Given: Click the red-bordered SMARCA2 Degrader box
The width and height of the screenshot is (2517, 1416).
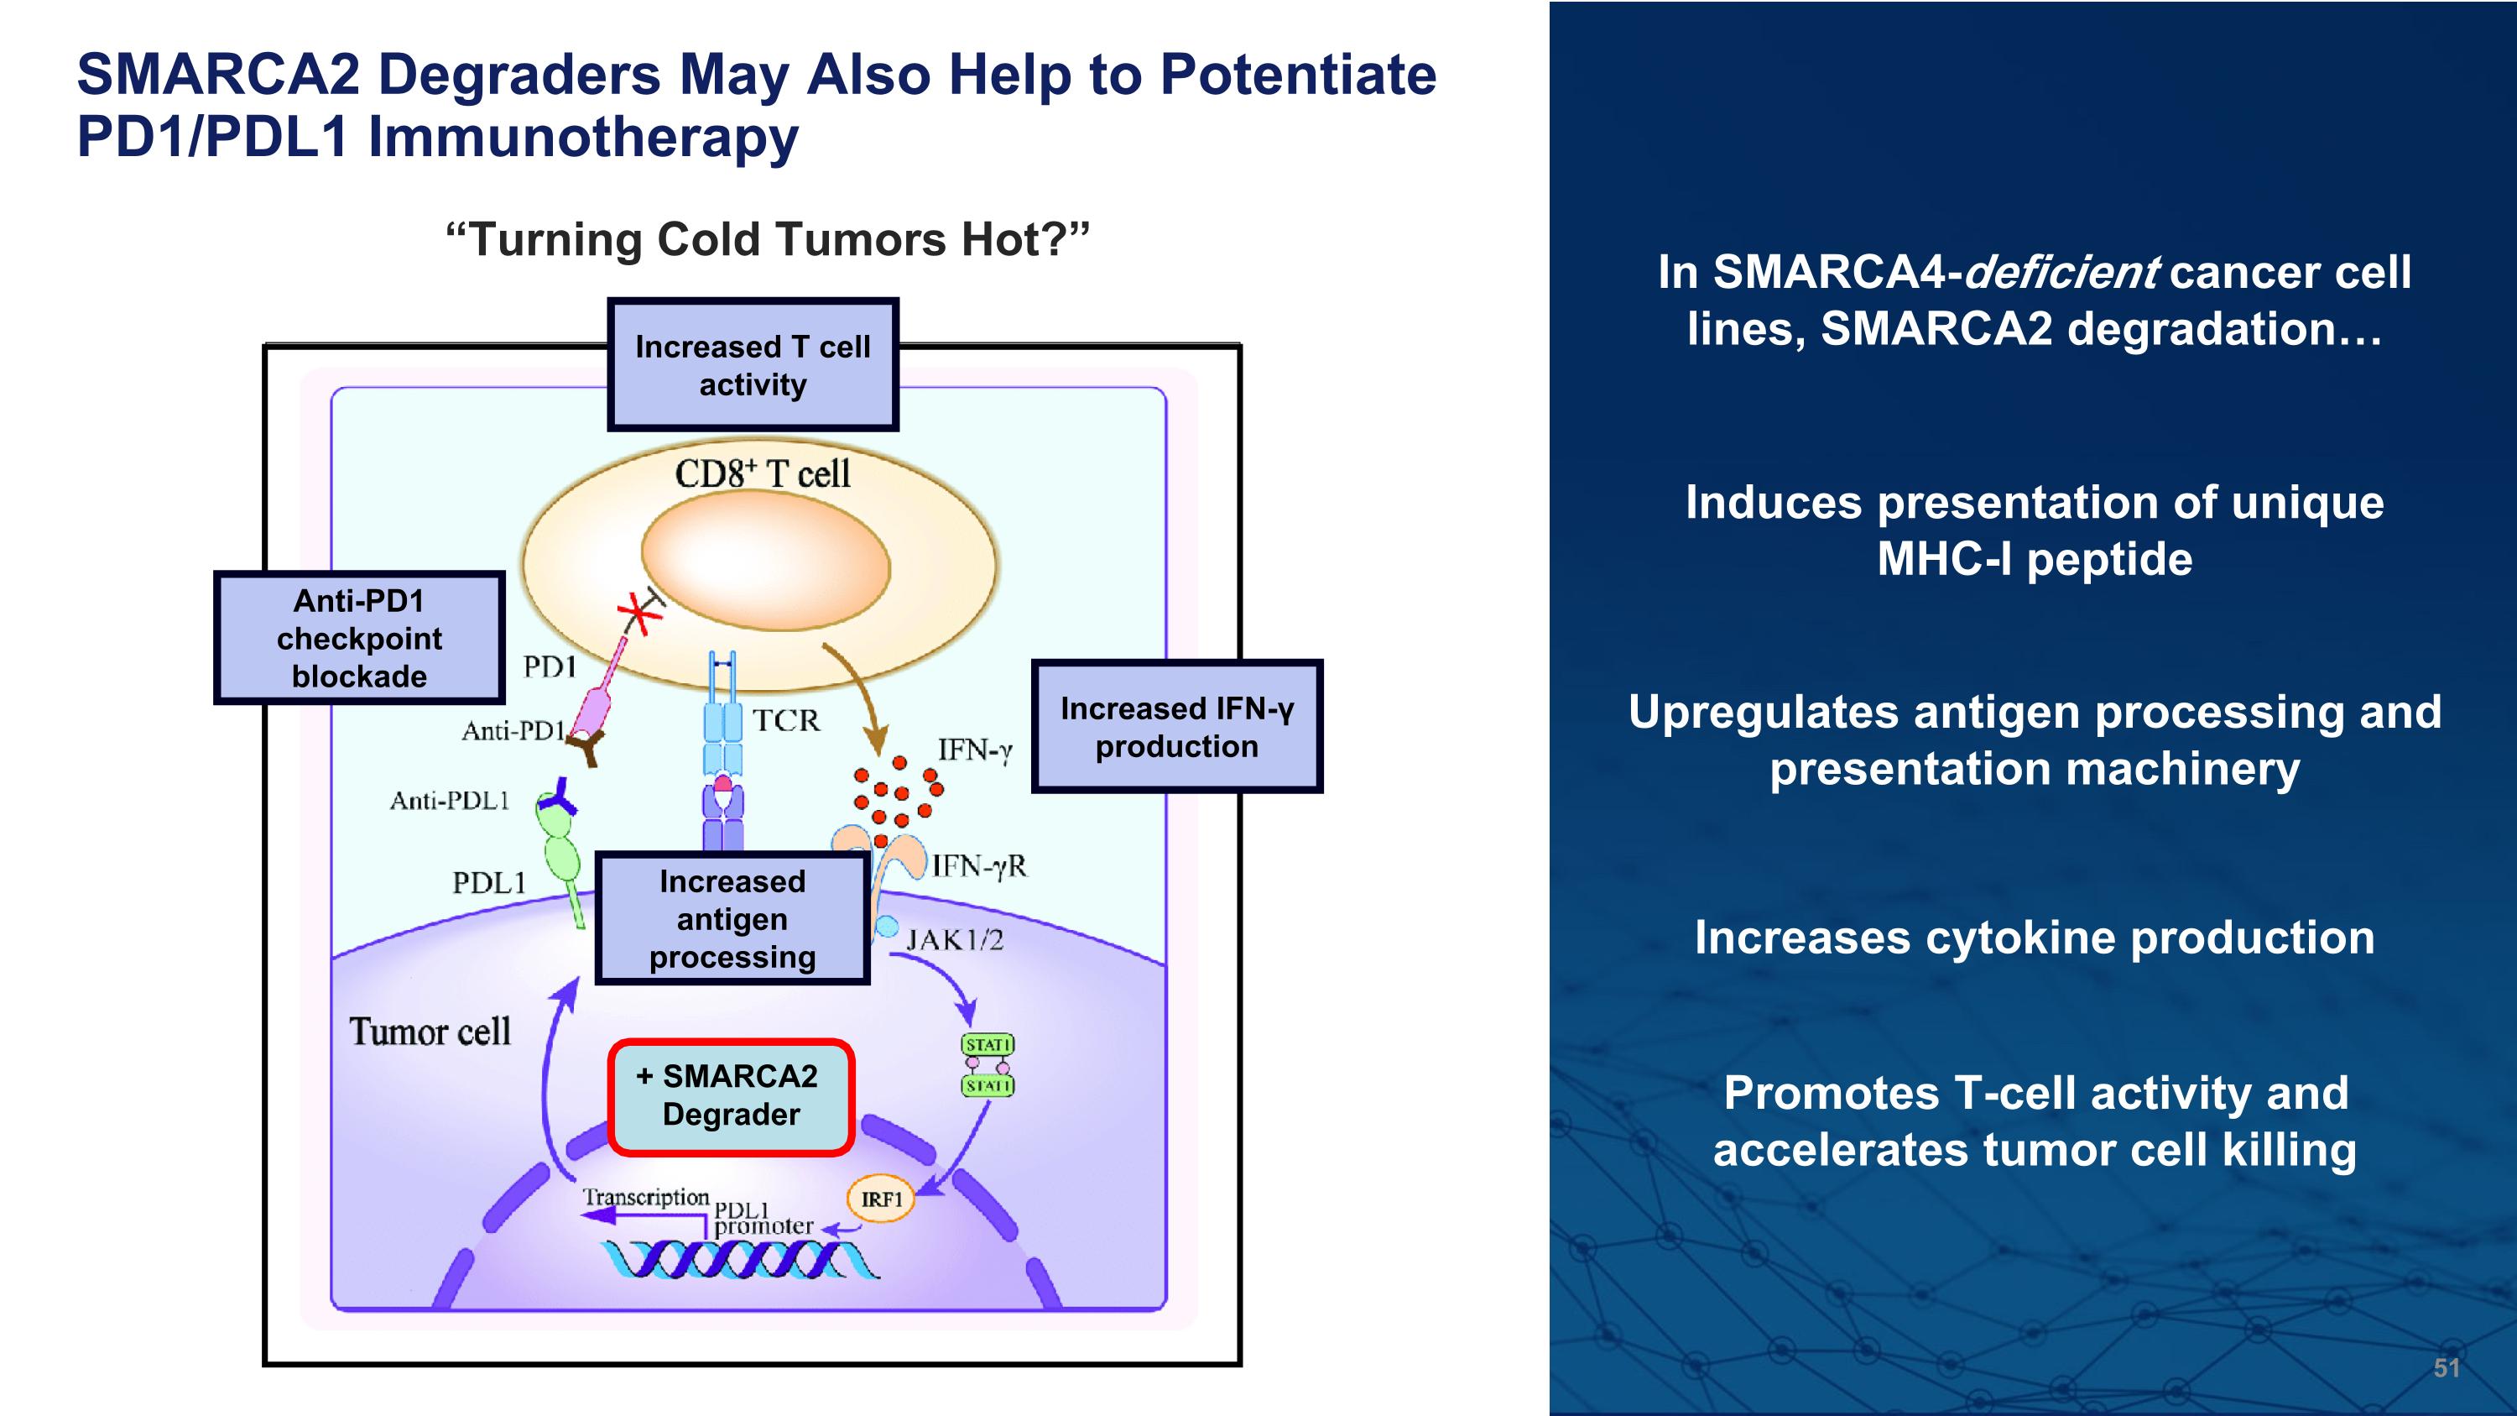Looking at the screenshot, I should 731,1096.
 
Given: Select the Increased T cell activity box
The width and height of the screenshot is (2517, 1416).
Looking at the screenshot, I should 753,365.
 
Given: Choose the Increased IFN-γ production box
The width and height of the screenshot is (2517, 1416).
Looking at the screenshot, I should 1176,727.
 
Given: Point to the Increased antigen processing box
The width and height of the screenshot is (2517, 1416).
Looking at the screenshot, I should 732,918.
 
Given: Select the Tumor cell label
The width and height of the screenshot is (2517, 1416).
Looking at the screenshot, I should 430,1032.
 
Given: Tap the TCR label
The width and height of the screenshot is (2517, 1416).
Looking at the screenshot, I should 785,721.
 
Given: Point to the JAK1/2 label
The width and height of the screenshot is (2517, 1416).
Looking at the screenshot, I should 955,940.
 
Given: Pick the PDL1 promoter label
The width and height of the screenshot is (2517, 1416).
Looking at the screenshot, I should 762,1219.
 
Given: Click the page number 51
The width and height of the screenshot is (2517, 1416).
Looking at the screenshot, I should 2446,1368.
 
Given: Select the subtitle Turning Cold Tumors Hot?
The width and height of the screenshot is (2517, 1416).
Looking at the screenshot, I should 767,239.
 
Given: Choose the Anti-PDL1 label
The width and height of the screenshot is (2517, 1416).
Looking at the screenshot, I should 450,802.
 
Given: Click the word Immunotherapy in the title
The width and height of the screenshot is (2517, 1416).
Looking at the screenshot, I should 582,137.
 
